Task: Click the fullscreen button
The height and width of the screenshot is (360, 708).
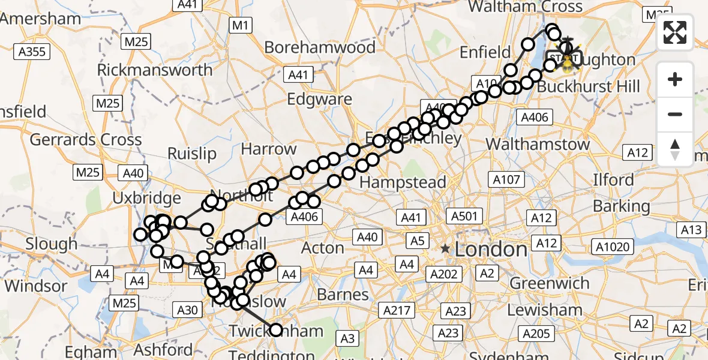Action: click(675, 32)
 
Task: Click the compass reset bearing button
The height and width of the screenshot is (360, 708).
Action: click(675, 149)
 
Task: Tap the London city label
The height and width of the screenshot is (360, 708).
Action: click(491, 248)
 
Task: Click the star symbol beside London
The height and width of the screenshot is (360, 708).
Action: click(445, 248)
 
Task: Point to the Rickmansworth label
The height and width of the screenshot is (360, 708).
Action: click(155, 70)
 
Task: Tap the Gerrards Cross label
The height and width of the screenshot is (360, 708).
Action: click(86, 140)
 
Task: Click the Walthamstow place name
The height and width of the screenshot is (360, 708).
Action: click(538, 145)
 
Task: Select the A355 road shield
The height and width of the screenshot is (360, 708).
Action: click(32, 52)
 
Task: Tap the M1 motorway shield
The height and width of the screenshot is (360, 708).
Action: click(241, 25)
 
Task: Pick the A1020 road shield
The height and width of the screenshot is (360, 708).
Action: click(613, 247)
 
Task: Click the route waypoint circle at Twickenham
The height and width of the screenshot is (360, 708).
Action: click(276, 329)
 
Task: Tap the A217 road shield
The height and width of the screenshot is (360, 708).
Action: click(397, 310)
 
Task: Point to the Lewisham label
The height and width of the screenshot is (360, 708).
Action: click(545, 310)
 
